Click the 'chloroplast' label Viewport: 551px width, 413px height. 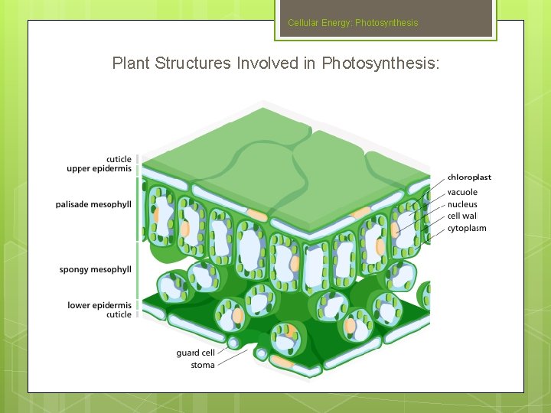[469, 177]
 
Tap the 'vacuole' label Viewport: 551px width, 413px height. [462, 192]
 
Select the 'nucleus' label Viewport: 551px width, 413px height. [462, 204]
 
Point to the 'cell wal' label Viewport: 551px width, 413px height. [462, 216]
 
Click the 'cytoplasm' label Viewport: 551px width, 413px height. [467, 229]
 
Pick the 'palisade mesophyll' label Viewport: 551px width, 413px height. [93, 204]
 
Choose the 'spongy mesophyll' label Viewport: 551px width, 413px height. [96, 269]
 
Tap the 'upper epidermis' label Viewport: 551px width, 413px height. [99, 168]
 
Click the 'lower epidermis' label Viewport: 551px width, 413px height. [99, 305]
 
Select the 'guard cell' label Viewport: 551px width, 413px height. [195, 353]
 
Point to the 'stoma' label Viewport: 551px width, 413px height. [203, 365]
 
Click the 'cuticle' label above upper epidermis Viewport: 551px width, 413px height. [119, 159]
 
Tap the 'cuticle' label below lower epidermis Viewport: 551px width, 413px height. [119, 314]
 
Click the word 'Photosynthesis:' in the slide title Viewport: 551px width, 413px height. [380, 63]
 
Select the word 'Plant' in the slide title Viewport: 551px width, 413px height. [131, 63]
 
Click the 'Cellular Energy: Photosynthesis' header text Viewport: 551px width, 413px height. [353, 23]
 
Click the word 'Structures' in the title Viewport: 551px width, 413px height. [192, 63]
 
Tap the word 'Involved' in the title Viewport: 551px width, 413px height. [267, 63]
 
